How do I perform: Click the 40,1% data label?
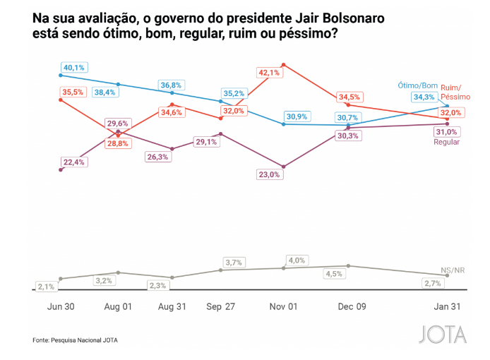[73, 68]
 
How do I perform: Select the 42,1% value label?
[270, 72]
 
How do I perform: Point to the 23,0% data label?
[269, 175]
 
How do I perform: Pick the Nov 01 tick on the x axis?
[284, 307]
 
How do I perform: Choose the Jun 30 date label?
[61, 307]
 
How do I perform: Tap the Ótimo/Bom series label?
[419, 85]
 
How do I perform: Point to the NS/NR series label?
[453, 270]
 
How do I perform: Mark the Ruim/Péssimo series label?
[456, 92]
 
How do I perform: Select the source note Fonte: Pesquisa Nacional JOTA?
[76, 340]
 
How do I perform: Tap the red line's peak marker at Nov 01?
[283, 65]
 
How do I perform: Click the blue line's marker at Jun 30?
[61, 75]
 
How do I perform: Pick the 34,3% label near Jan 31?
[424, 97]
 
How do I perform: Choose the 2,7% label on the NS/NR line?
[433, 283]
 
